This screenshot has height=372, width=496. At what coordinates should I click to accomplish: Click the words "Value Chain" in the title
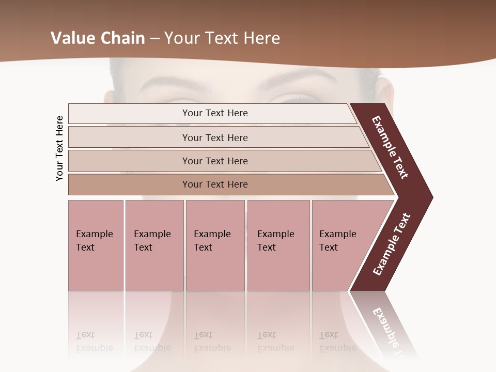pos(98,38)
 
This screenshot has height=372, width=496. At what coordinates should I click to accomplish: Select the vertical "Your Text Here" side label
pos(60,148)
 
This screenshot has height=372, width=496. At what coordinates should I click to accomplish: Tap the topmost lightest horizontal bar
pos(215,113)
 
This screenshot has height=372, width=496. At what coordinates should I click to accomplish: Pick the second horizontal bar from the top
pos(215,137)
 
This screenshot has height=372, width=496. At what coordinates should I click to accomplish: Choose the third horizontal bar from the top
pos(215,161)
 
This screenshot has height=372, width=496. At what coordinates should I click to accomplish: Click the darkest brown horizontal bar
pos(215,184)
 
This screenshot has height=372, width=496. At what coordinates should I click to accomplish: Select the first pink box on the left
pos(96,245)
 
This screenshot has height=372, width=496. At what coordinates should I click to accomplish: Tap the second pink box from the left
pos(154,245)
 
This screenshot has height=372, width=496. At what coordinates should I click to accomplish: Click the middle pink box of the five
pos(215,245)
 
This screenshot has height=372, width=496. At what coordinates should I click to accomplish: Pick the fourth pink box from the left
pos(278,245)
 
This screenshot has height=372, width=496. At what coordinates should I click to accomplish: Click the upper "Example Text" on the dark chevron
pos(390,147)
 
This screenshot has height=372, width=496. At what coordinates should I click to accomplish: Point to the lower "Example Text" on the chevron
pos(391,244)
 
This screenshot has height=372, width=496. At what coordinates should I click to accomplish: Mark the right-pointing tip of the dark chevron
pos(431,197)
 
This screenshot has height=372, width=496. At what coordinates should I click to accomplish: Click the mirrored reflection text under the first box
pos(94,342)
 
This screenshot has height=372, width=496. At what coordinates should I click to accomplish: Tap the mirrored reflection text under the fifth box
pos(337,342)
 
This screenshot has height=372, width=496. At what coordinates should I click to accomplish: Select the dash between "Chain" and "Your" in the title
pos(154,39)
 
